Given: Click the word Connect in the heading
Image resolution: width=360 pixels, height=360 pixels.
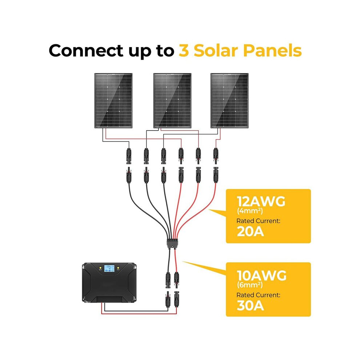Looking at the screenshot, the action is [x=86, y=51].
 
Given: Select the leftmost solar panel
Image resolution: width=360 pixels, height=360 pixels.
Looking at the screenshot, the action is [x=113, y=101].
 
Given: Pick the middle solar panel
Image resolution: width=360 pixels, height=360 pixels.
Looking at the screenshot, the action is [x=172, y=101].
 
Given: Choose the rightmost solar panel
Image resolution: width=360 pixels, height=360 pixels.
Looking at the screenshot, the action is [x=229, y=101].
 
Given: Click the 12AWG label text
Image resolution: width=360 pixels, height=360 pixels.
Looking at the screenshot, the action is [x=261, y=201].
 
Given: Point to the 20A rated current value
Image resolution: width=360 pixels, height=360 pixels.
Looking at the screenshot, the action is [x=250, y=231].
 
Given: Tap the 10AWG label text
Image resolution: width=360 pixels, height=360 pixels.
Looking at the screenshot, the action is [x=261, y=276].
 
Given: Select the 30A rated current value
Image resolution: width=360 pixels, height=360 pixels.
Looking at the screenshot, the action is [x=250, y=305].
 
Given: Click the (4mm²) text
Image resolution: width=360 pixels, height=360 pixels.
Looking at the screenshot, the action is [x=249, y=211].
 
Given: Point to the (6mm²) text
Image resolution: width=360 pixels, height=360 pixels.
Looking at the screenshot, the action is [x=249, y=285].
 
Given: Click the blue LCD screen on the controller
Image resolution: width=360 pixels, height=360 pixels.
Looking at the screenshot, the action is [x=109, y=268].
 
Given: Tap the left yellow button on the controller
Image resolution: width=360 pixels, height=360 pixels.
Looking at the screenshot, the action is [x=100, y=268].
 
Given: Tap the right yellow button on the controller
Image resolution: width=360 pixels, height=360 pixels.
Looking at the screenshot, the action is [x=118, y=268].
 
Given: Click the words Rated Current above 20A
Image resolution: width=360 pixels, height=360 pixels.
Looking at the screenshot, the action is [x=258, y=221].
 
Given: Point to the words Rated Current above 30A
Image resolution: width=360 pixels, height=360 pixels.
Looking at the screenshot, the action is [x=258, y=295].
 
